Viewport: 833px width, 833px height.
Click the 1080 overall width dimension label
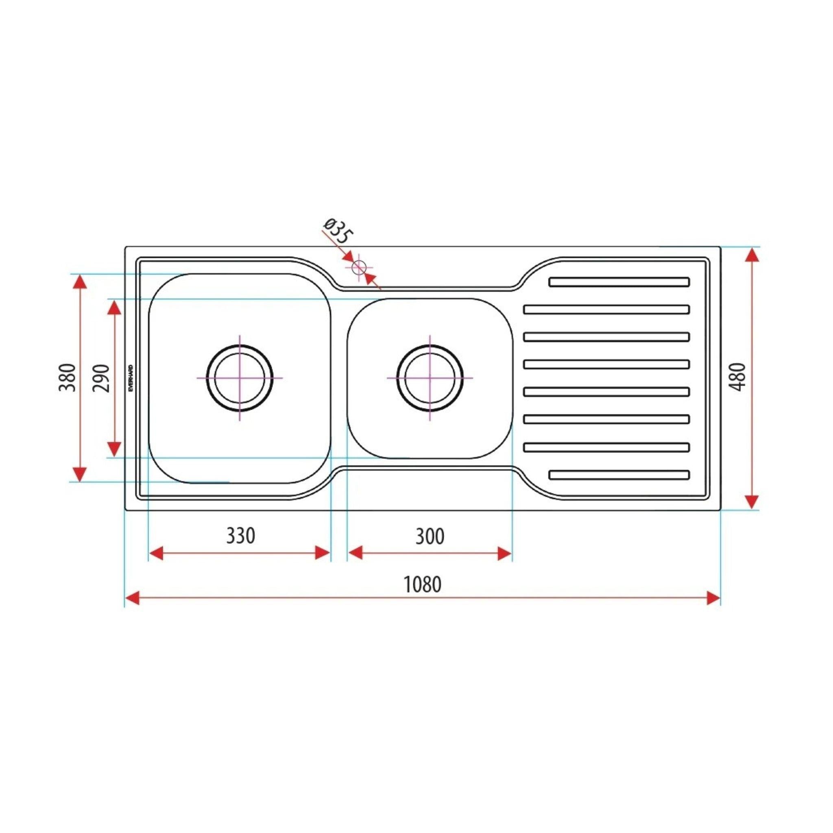[422, 585]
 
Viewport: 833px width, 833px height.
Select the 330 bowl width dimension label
[241, 536]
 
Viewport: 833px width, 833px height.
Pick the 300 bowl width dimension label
[430, 536]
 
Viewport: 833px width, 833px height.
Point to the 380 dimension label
[67, 378]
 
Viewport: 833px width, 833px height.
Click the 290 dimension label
[102, 378]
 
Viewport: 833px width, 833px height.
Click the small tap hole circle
[359, 268]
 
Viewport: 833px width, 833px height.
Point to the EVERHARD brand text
[131, 378]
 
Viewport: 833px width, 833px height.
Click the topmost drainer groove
[619, 282]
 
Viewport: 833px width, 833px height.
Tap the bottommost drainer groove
[619, 475]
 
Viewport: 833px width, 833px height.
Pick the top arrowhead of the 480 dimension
[752, 255]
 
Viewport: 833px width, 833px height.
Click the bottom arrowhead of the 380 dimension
[79, 474]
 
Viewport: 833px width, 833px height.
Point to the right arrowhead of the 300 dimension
[504, 553]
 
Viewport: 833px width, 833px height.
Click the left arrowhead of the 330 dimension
[156, 553]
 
